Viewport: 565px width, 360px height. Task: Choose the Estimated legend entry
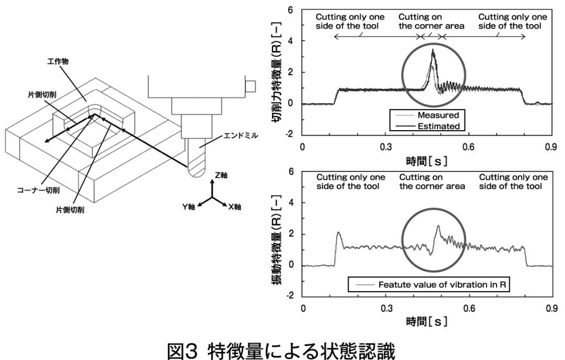pos(438,126)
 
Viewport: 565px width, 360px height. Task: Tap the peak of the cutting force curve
pos(433,50)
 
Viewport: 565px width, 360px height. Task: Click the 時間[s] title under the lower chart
pos(427,321)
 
